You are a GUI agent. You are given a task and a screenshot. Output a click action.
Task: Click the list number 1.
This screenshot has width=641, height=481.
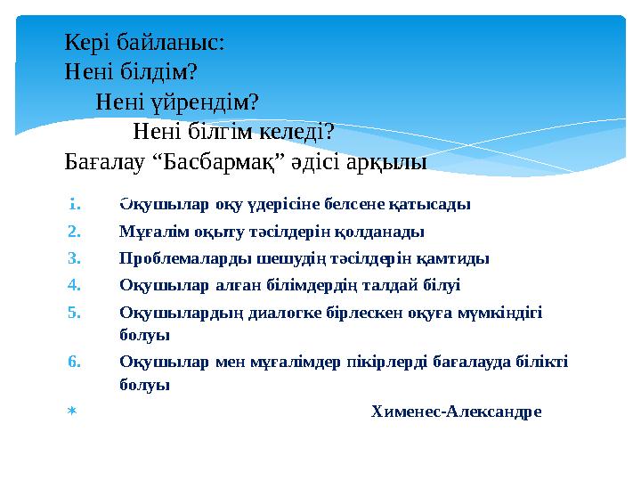coord(76,203)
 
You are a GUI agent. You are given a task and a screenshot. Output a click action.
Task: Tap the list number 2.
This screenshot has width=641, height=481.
coord(75,232)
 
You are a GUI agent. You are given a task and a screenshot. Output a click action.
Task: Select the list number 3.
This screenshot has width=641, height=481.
coord(75,259)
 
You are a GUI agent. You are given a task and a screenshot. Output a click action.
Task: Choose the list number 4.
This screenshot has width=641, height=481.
coord(75,286)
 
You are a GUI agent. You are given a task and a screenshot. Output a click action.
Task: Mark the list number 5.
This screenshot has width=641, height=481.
coord(75,314)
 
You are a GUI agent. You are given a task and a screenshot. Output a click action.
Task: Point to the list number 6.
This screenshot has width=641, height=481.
coord(75,363)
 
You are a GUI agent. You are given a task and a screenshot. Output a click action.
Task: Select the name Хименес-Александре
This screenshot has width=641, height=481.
coord(455,412)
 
